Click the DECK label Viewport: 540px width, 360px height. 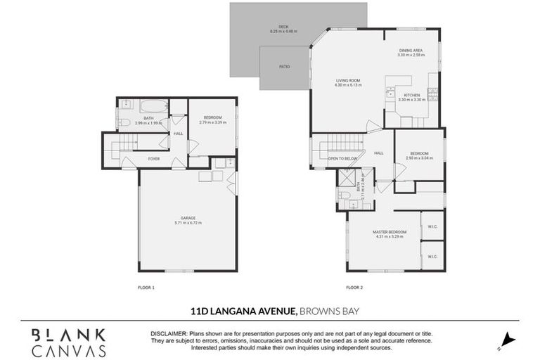pos(283,27)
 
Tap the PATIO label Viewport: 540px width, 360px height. pos(284,67)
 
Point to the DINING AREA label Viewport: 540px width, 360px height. pos(411,50)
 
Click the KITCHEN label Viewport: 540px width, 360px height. pos(411,95)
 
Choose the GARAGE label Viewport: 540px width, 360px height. pos(188,218)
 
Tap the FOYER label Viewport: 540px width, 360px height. pos(153,159)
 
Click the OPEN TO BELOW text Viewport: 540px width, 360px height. pos(342,159)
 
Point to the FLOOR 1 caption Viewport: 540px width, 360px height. pos(146,287)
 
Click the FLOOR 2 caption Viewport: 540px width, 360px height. pos(354,287)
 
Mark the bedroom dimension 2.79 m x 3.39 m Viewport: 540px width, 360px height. pos(213,122)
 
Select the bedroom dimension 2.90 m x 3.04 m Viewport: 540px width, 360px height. pos(418,158)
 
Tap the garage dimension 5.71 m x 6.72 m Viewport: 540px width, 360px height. pos(188,223)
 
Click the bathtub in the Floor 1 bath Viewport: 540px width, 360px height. pos(153,107)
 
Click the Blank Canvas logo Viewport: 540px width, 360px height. pos(68,342)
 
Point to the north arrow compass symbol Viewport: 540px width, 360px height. pos(508,341)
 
